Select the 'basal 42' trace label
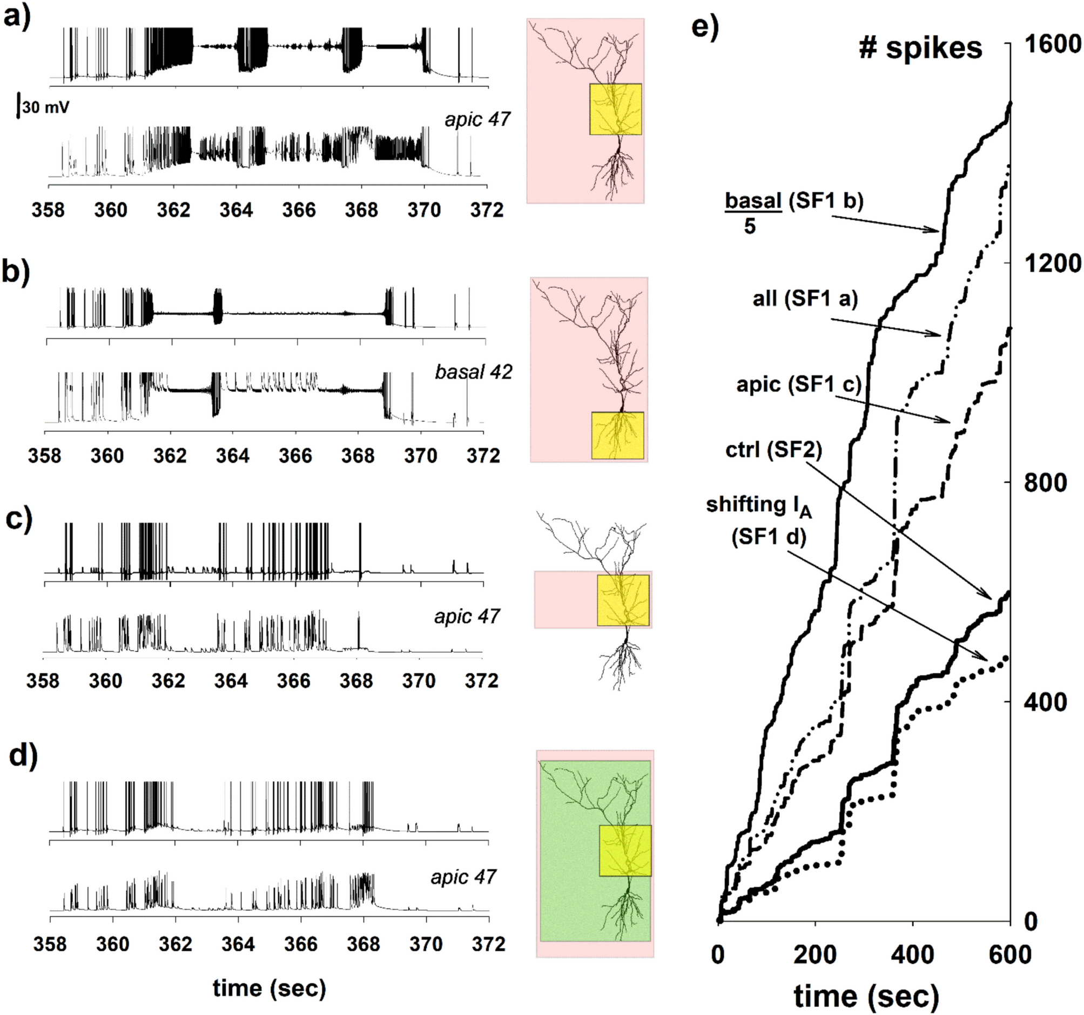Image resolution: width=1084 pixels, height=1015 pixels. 473,372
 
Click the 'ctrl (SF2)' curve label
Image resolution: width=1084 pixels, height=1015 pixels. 773,451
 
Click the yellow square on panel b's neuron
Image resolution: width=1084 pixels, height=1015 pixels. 617,435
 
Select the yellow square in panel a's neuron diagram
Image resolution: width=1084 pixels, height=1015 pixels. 615,109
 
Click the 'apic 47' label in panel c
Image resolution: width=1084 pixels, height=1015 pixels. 467,617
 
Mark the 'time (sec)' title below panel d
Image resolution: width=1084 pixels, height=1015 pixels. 270,986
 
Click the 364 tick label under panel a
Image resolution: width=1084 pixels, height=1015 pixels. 236,211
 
